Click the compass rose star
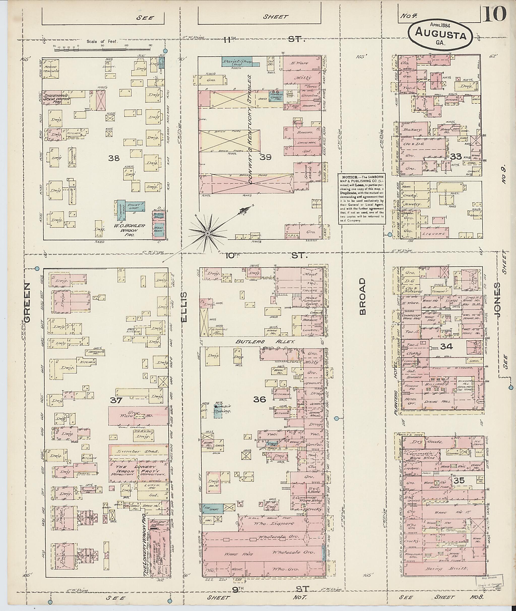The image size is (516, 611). [207, 233]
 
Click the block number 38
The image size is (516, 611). [114, 158]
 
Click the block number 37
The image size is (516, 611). [116, 400]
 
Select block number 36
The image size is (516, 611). [259, 399]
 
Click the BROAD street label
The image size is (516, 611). [363, 296]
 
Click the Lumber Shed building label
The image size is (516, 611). [138, 451]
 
